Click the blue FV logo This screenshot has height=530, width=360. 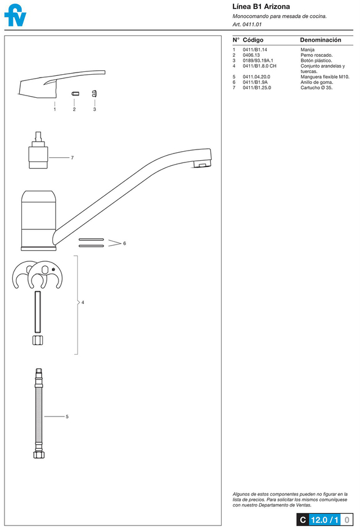pos(15,16)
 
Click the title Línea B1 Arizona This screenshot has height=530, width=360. pos(261,6)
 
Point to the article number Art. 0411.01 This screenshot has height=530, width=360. pos(247,24)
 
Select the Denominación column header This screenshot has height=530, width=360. pos(321,40)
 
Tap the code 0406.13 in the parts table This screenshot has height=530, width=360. pos(251,55)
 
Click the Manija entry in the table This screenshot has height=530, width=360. pos(307,49)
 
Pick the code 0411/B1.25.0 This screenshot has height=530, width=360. pos(257,88)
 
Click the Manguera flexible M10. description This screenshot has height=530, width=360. pos(325,77)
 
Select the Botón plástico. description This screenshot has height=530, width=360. pos(316,61)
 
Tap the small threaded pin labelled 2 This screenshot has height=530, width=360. pos(74,93)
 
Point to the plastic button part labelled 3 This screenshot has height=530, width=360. pos(94,93)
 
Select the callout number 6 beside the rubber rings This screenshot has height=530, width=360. pos(124,243)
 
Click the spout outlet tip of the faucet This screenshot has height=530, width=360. pos(202,164)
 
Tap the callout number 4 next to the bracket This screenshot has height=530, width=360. pos(83,302)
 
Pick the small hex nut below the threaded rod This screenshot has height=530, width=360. pos(38,341)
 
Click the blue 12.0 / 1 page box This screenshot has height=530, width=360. pos(325,520)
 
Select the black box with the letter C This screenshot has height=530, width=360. pos(303,520)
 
